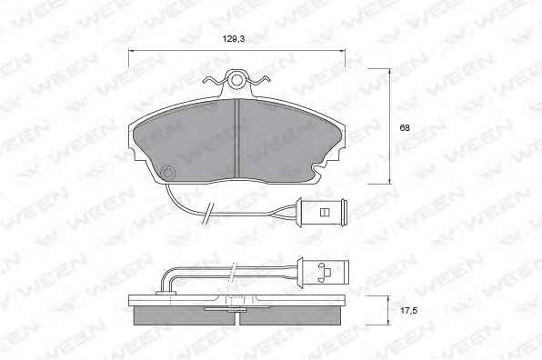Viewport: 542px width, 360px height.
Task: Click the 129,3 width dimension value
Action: (234, 39)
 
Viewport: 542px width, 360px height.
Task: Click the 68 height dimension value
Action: (405, 127)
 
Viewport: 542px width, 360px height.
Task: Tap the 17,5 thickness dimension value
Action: (408, 311)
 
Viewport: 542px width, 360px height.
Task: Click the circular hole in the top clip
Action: (236, 80)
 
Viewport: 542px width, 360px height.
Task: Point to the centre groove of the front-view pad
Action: (236, 138)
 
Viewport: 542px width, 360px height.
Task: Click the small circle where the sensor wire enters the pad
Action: (169, 173)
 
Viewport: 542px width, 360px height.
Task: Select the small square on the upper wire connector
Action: (324, 212)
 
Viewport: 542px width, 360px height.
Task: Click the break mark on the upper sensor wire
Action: (208, 214)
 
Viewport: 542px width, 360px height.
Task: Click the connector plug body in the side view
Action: (326, 272)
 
